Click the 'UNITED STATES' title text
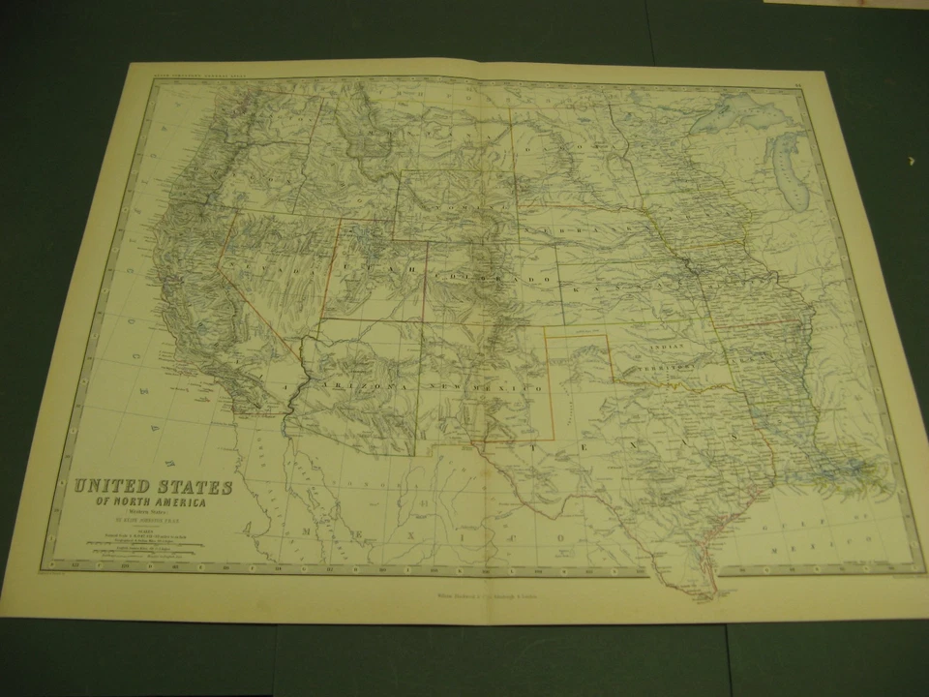coord(154,487)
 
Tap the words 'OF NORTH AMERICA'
coord(151,502)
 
